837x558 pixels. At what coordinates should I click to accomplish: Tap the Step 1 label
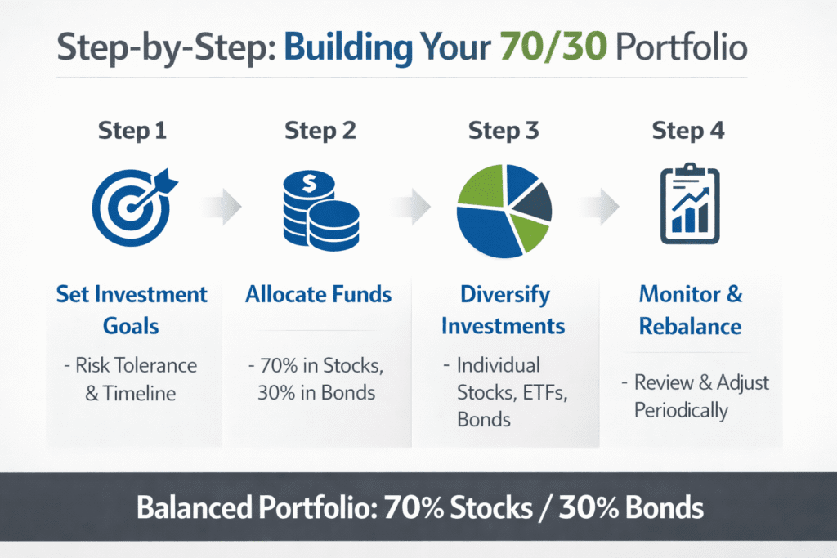point(131,131)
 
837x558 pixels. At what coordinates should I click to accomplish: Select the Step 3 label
point(502,131)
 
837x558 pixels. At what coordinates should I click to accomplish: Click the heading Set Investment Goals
point(131,310)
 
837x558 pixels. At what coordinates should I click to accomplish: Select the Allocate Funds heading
point(318,294)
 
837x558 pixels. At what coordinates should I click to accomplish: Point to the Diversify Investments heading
point(503,310)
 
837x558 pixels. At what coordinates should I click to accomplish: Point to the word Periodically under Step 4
point(681,408)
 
